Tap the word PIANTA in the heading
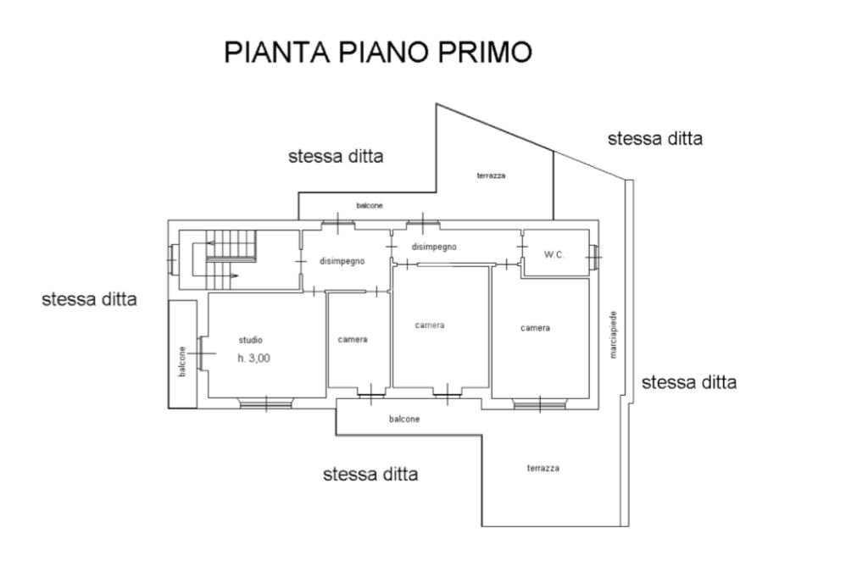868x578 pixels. pyautogui.click(x=277, y=52)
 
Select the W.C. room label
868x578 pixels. pyautogui.click(x=554, y=254)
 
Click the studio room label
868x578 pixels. pyautogui.click(x=251, y=340)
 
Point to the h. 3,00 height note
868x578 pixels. pyautogui.click(x=254, y=358)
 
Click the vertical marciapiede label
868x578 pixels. pyautogui.click(x=614, y=335)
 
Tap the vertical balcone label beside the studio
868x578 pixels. pyautogui.click(x=182, y=362)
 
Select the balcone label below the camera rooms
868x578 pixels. pyautogui.click(x=404, y=420)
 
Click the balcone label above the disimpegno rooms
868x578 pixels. pyautogui.click(x=370, y=205)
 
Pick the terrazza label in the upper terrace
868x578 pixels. pyautogui.click(x=491, y=175)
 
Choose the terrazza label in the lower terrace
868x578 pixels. pyautogui.click(x=543, y=469)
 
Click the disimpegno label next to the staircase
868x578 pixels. pyautogui.click(x=342, y=261)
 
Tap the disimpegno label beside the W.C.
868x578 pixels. pyautogui.click(x=434, y=247)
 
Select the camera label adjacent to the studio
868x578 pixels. pyautogui.click(x=353, y=339)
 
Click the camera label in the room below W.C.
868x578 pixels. pyautogui.click(x=536, y=328)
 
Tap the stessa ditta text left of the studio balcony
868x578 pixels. pyautogui.click(x=89, y=299)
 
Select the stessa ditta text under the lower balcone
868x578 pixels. pyautogui.click(x=370, y=475)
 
